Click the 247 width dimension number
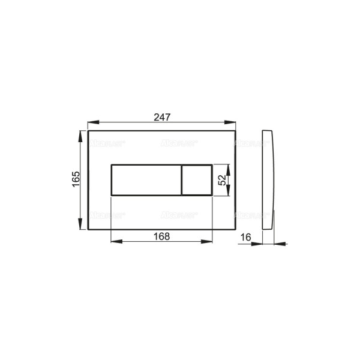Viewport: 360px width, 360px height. [161, 118]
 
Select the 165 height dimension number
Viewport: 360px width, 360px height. [76, 180]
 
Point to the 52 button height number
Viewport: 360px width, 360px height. [222, 180]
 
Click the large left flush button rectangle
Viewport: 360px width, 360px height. [146, 180]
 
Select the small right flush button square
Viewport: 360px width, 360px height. [197, 180]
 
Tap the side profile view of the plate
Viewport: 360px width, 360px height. [269, 180]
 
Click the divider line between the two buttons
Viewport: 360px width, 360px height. [181, 180]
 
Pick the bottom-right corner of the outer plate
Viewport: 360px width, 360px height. [236, 229]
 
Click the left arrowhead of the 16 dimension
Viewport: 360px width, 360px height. [259, 244]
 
